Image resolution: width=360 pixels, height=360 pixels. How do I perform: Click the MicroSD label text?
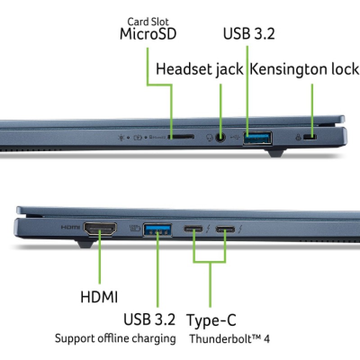[148, 34]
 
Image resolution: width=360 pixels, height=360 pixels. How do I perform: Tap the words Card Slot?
[148, 22]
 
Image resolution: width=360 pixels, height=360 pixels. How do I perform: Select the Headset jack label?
[199, 69]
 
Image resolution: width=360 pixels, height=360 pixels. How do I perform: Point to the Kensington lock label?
[304, 69]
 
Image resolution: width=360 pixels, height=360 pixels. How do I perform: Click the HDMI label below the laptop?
[99, 297]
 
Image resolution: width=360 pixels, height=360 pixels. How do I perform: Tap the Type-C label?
[211, 320]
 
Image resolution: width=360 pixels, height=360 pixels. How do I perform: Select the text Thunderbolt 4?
[229, 339]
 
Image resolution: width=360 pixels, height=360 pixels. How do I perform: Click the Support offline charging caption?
[115, 339]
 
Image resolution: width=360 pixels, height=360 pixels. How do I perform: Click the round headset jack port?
[220, 138]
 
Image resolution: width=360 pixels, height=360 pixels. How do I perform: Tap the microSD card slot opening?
[181, 137]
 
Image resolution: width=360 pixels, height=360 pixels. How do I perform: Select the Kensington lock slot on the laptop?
[310, 137]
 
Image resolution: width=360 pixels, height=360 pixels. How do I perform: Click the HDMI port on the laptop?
[100, 229]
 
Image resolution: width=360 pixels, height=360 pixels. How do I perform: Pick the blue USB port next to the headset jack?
[258, 138]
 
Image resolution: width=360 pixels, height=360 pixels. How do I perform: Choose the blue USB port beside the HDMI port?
[157, 229]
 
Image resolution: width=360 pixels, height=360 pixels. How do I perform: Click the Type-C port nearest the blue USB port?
[193, 229]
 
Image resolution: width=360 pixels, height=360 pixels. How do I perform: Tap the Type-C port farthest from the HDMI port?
[225, 229]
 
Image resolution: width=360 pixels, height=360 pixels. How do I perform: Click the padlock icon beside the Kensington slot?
[298, 137]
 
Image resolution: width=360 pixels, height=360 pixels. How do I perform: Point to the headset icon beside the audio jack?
[209, 138]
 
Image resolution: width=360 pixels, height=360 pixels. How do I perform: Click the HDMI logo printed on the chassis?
[71, 227]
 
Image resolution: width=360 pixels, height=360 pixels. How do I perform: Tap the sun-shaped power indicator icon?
[121, 138]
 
